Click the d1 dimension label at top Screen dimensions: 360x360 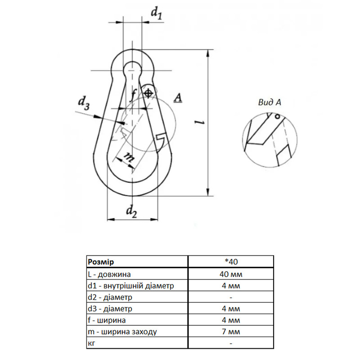157,13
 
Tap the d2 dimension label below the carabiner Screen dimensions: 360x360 132,211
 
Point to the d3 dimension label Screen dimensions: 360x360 84,103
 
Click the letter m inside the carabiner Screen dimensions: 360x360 128,157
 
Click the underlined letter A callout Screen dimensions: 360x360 178,98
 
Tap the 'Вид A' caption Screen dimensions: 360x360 270,102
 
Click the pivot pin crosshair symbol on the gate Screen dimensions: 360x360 148,94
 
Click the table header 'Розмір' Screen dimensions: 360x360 101,262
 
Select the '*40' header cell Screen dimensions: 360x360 231,262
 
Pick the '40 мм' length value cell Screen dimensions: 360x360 231,274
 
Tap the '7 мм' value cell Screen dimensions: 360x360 231,332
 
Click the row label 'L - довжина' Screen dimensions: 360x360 109,274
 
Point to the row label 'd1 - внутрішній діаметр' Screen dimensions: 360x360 131,286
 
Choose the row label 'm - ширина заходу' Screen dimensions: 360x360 122,332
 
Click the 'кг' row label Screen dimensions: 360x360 91,343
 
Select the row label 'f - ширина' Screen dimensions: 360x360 107,320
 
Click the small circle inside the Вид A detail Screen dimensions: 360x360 277,117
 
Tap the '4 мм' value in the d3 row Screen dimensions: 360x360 231,309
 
